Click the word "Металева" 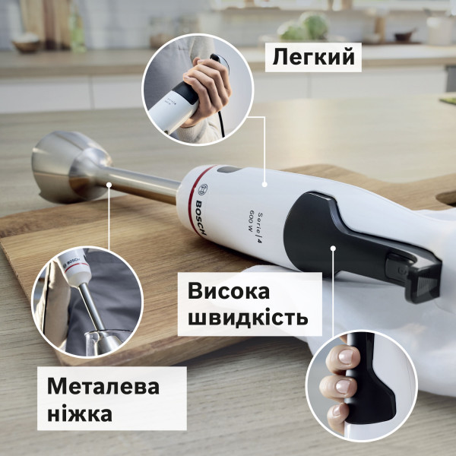(103, 386)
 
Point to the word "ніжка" (80, 414)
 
